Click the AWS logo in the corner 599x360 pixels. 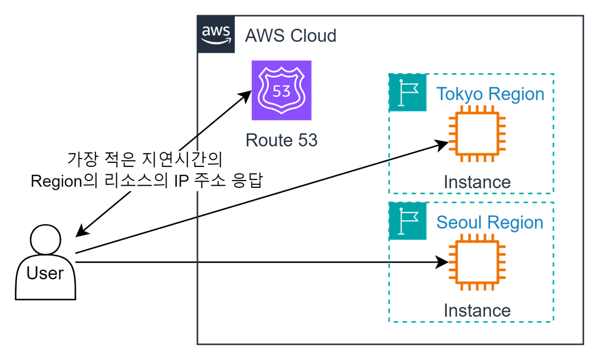tap(216, 35)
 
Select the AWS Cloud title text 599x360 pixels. tap(291, 36)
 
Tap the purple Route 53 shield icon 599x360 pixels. tap(281, 91)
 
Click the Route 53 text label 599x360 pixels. tap(281, 140)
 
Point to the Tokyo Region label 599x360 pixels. tap(490, 94)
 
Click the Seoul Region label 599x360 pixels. tap(490, 222)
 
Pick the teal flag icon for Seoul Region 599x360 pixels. tap(408, 221)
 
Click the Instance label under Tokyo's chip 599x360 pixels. tap(477, 182)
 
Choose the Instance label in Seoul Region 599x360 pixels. tap(477, 311)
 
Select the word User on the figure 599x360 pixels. tap(46, 273)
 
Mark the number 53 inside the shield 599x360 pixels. tap(281, 91)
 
